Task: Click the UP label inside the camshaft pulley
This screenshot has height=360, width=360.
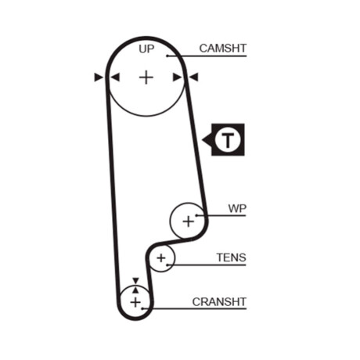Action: [146, 49]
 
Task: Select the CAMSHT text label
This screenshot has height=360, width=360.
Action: [223, 49]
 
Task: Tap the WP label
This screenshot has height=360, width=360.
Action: [237, 209]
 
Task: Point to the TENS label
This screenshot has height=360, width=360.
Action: [231, 257]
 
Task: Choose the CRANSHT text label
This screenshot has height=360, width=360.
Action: [219, 302]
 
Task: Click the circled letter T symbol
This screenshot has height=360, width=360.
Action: [228, 139]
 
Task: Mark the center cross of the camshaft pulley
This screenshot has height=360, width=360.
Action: [146, 77]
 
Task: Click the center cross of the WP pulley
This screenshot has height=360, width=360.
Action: [189, 221]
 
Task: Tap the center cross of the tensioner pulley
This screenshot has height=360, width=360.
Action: [161, 258]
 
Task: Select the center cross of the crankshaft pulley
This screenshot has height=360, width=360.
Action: [135, 302]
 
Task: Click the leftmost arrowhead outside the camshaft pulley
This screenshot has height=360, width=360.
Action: [99, 77]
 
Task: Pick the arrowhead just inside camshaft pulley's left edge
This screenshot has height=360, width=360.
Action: [115, 77]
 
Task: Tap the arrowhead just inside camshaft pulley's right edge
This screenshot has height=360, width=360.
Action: [178, 77]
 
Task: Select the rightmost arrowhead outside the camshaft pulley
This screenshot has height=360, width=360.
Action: [193, 77]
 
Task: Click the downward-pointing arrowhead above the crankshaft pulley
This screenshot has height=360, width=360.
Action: [135, 281]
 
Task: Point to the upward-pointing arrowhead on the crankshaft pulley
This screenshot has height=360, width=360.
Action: [135, 290]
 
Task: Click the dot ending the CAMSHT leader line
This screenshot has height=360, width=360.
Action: [167, 56]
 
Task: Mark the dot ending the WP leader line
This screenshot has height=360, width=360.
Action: [196, 215]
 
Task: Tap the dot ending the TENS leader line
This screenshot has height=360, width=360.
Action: [167, 265]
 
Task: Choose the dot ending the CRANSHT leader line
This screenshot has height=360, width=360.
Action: [142, 309]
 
